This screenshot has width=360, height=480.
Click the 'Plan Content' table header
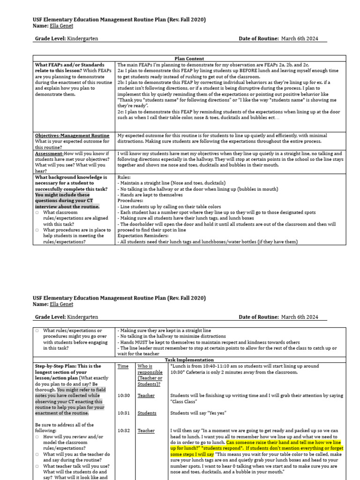189,59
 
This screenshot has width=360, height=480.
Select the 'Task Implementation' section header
189,360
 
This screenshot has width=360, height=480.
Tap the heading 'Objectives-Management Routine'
72,135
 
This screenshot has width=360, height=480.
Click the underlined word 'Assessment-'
49,153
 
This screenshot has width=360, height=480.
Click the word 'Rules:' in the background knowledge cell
124,178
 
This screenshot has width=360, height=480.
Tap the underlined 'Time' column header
123,366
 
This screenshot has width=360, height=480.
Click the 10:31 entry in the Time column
123,413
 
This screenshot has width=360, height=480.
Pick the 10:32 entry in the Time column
123,431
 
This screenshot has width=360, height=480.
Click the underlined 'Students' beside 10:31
147,413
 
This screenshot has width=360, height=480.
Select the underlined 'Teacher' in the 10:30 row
146,396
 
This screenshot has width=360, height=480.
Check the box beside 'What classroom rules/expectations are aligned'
37,212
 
